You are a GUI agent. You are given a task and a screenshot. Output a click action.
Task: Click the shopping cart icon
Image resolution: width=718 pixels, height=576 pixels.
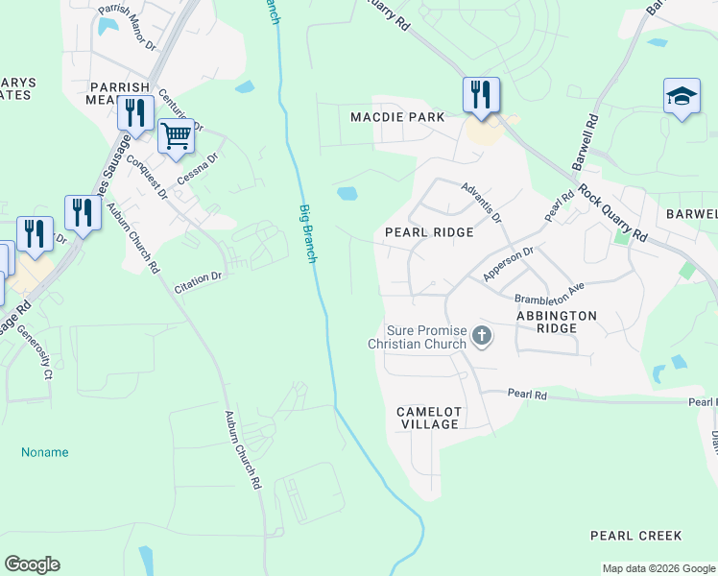[176, 136]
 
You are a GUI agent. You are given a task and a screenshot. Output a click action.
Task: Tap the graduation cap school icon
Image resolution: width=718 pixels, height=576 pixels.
[682, 97]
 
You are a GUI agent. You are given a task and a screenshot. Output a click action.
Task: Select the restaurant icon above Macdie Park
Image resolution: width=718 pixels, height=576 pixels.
[481, 94]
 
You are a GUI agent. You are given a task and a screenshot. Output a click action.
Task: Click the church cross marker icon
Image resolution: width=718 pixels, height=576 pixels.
[482, 336]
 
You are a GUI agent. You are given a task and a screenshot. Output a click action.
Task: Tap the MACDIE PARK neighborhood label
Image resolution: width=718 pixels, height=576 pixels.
[396, 117]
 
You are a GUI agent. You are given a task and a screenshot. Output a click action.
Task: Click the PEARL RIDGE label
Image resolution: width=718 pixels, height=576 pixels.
[429, 232]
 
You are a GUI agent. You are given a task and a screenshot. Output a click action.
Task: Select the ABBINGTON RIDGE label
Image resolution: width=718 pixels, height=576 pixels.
[556, 322]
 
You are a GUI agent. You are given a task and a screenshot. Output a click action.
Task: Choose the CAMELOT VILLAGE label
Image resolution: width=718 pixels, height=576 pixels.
[430, 418]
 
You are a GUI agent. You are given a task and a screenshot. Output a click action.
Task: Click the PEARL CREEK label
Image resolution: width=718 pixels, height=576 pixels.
[635, 536]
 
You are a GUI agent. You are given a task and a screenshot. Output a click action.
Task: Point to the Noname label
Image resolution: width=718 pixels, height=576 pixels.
[45, 452]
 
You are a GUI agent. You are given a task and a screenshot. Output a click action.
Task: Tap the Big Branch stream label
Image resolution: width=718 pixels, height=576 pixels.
[307, 234]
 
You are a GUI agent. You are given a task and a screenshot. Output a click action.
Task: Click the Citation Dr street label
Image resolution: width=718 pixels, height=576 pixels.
[198, 281]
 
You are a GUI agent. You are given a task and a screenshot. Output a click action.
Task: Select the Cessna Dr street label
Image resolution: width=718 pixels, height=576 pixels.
[198, 170]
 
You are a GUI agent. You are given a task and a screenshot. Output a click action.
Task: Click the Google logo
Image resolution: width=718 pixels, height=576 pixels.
[32, 564]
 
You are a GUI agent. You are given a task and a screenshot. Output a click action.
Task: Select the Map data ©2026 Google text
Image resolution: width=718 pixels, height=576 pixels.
[658, 568]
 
